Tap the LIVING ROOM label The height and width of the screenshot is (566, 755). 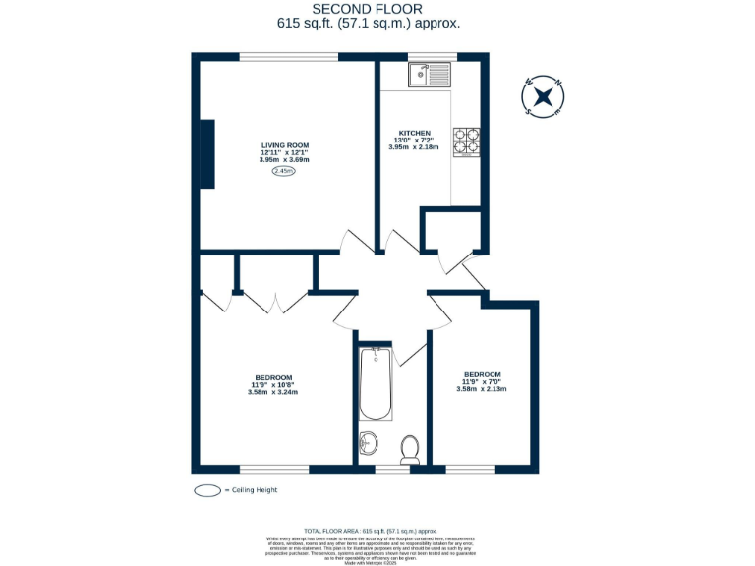click(x=284, y=145)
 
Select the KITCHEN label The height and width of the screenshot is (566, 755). click(x=414, y=133)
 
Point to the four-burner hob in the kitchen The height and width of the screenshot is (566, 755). click(x=466, y=142)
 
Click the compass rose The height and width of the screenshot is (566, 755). click(x=543, y=96)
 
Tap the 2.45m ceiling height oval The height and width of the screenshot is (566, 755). click(x=283, y=171)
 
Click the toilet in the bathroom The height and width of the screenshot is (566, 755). click(x=411, y=450)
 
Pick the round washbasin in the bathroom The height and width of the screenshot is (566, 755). click(x=369, y=443)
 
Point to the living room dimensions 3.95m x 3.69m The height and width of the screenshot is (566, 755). click(x=284, y=160)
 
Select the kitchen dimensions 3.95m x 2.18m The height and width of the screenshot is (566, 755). click(x=414, y=147)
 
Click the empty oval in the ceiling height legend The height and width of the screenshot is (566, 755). click(x=207, y=490)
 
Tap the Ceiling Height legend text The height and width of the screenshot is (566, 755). click(x=252, y=490)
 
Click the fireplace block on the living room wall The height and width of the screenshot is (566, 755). click(x=207, y=153)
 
